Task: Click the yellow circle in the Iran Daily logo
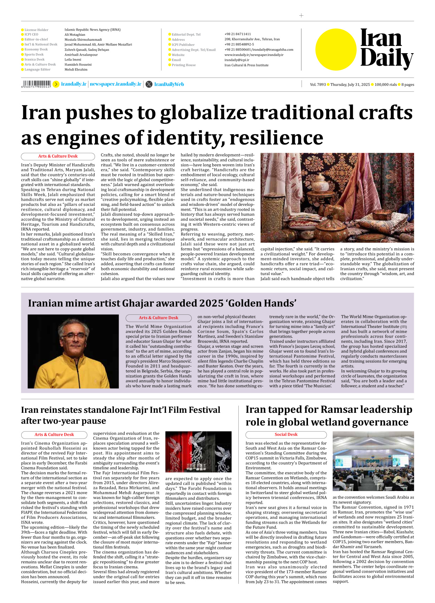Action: [336, 49]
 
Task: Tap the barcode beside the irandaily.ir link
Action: [36, 84]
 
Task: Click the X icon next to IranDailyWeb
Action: [149, 84]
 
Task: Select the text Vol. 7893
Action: [318, 85]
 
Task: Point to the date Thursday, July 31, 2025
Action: [350, 85]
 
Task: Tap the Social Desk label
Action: [286, 434]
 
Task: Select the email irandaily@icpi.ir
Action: [237, 60]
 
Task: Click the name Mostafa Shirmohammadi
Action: [83, 40]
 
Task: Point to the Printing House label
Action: [183, 65]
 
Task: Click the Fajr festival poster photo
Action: [198, 451]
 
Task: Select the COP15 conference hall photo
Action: [373, 461]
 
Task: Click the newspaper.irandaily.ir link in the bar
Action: [116, 84]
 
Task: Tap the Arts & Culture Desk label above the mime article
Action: [158, 317]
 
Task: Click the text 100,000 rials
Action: [385, 85]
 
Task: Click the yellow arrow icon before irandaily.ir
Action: [56, 84]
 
